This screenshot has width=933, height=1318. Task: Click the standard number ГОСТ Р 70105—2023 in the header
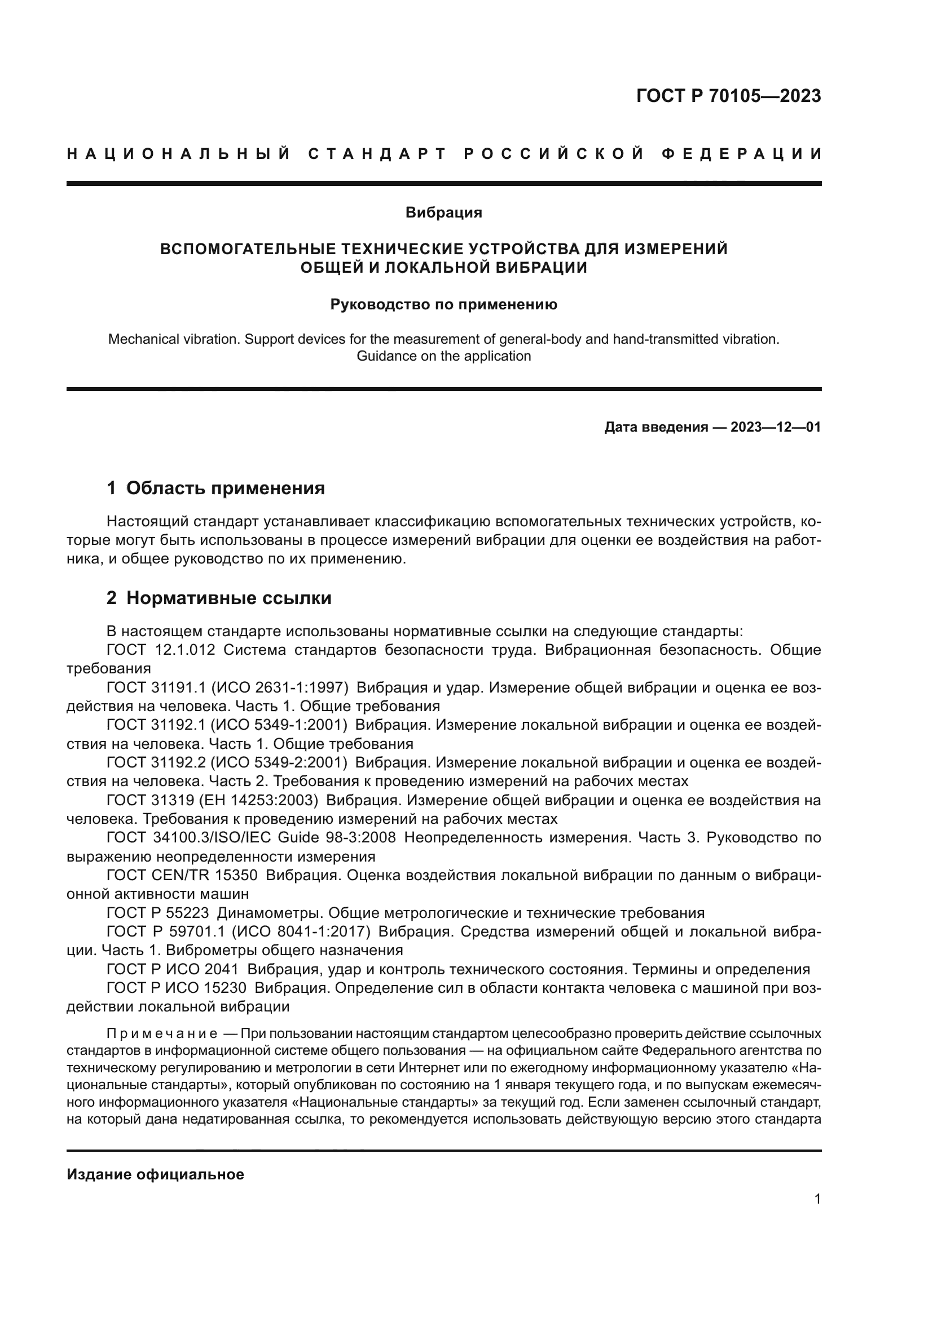pos(728,96)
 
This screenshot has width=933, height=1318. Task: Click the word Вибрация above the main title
pos(443,212)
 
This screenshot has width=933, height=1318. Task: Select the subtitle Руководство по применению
pos(443,304)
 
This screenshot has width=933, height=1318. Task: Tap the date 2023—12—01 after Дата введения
pos(776,427)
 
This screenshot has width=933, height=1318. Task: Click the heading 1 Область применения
pos(216,489)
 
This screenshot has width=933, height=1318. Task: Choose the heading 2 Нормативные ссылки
pos(219,598)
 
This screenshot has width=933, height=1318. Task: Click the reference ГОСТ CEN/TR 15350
pos(182,876)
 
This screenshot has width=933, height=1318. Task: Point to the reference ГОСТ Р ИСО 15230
pos(177,988)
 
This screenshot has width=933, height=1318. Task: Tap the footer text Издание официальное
pos(155,1174)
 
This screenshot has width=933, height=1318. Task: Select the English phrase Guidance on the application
pos(443,356)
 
